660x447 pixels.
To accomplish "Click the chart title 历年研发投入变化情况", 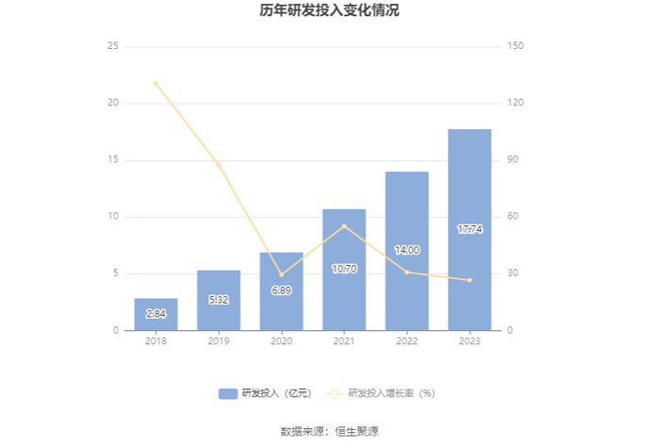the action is [x=329, y=10].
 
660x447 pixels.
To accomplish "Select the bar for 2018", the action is [x=156, y=314].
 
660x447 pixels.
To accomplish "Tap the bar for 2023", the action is [x=470, y=230].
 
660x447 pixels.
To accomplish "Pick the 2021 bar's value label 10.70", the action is [x=344, y=269].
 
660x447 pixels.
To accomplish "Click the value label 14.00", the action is [x=407, y=250].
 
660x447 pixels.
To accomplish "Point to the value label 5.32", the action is [x=219, y=300].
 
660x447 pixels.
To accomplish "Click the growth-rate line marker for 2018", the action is [x=157, y=84].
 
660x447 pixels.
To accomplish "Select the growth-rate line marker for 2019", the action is [x=219, y=165].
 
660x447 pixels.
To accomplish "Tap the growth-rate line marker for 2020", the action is [x=282, y=274].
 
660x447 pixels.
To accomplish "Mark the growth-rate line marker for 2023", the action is [x=470, y=280].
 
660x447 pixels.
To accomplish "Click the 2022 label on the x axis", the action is [x=406, y=341].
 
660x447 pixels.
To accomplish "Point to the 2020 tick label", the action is [x=281, y=341].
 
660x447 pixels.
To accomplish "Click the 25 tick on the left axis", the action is [x=113, y=46].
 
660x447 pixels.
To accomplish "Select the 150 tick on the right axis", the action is [x=515, y=46].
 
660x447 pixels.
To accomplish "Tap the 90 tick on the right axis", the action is [x=513, y=159].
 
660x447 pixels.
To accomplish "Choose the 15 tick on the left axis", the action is [x=113, y=159].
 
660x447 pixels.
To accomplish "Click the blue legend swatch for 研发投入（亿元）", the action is [x=228, y=393].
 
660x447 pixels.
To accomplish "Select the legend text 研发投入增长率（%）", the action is [x=391, y=393].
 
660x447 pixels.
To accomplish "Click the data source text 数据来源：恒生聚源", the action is [x=330, y=431].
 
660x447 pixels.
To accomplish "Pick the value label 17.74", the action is [x=470, y=229].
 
